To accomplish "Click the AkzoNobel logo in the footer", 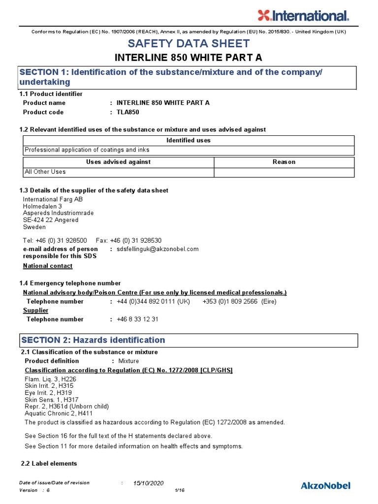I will click(326, 486).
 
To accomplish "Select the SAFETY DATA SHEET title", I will click(189, 43).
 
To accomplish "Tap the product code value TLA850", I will click(128, 112).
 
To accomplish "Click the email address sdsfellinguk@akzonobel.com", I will click(157, 249).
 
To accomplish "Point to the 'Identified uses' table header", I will click(189, 140).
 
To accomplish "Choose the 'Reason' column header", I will click(284, 162).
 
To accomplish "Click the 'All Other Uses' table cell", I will click(45, 172).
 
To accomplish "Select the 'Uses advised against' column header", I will click(119, 162).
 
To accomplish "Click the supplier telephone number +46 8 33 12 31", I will click(138, 319).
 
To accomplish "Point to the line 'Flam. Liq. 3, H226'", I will click(50, 379).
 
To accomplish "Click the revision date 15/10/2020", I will click(148, 483).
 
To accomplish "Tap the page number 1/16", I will click(179, 490).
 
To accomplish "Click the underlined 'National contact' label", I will click(48, 266).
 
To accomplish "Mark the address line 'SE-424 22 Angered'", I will click(51, 220).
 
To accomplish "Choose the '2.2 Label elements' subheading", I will click(49, 464).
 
